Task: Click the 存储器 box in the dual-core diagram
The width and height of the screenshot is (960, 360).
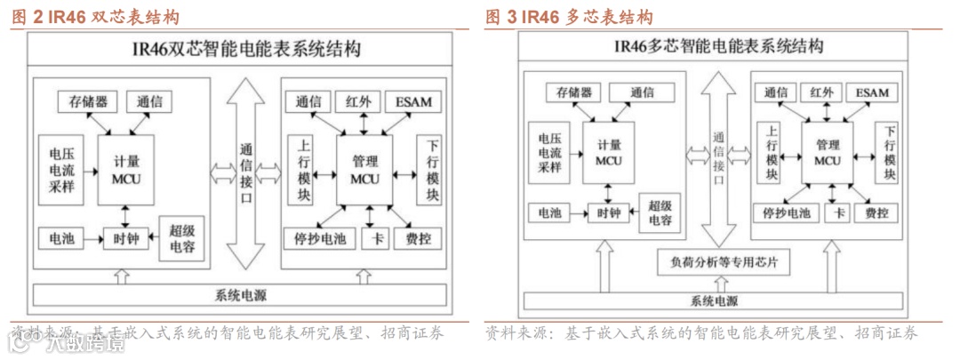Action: [88, 101]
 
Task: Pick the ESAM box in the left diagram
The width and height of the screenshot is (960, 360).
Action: [414, 101]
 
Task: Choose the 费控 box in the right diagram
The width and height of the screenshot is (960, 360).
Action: [876, 213]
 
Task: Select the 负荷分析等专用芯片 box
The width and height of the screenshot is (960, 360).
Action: [723, 263]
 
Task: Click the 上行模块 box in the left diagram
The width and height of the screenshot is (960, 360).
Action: [303, 170]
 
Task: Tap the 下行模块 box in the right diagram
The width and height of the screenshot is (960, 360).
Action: [889, 152]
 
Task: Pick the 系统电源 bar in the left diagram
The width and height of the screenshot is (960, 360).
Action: [240, 294]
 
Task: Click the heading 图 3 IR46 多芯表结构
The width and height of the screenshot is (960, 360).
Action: [569, 18]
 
